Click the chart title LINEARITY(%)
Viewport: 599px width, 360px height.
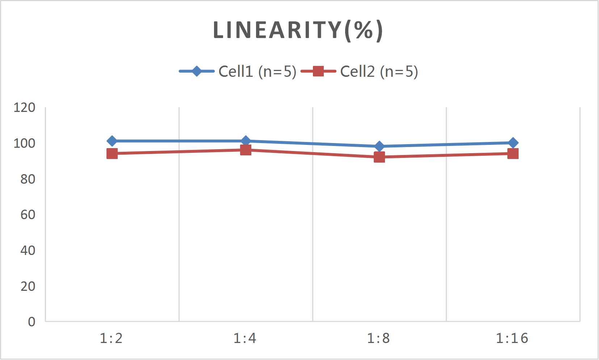click(x=298, y=30)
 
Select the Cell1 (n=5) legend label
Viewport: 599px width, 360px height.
click(x=257, y=71)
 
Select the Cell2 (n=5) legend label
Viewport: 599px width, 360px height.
click(x=379, y=71)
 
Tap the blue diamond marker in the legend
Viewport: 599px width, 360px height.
click(x=197, y=71)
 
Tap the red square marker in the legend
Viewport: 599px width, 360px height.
click(x=318, y=71)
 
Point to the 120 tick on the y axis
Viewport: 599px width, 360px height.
click(x=24, y=108)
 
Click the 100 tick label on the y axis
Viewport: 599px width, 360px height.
click(x=24, y=143)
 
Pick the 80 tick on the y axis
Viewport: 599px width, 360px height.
click(x=28, y=179)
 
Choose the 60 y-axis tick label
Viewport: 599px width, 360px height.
click(x=28, y=215)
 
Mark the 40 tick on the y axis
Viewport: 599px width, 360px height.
click(x=28, y=250)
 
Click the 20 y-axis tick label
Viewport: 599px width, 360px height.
click(x=28, y=286)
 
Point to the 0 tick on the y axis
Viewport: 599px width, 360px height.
click(x=32, y=322)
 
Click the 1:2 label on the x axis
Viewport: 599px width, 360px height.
click(x=111, y=338)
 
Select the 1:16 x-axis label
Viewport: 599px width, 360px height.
click(x=512, y=338)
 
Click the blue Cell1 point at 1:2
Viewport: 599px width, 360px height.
click(x=112, y=141)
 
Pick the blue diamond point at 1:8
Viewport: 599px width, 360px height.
click(x=379, y=146)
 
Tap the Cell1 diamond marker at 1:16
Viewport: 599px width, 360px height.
click(x=513, y=143)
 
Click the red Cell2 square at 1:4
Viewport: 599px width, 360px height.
click(x=246, y=150)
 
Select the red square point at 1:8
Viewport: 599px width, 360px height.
click(x=379, y=157)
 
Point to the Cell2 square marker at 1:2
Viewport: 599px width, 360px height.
click(x=112, y=154)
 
